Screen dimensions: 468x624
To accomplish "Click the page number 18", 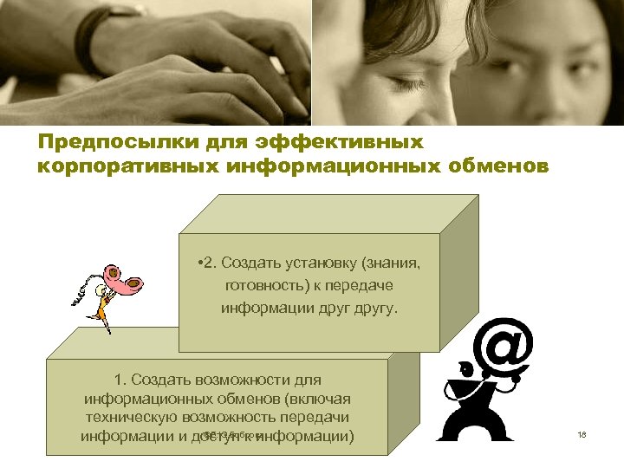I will [582, 434].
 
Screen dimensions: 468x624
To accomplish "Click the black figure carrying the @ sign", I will [485, 407].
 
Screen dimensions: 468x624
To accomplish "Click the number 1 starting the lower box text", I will [118, 380].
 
